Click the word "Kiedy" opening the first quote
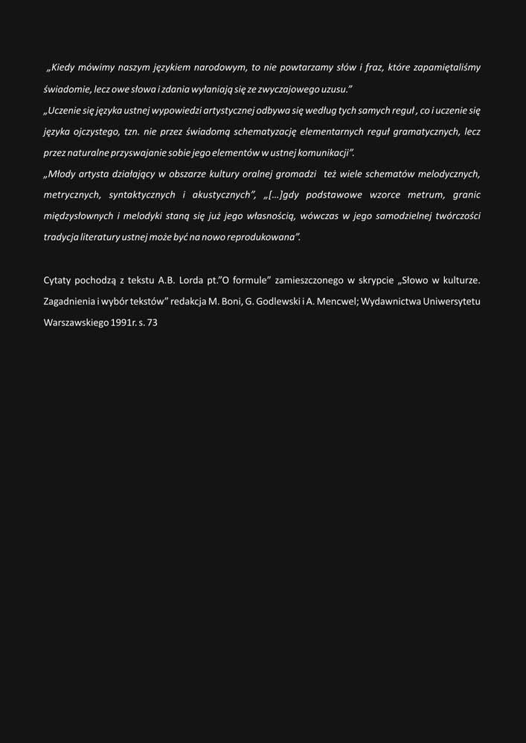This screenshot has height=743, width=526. (x=65, y=68)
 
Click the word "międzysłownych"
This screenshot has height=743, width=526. (x=77, y=216)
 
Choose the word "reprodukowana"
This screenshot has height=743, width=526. (x=266, y=238)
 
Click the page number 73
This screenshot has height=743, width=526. (x=153, y=323)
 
